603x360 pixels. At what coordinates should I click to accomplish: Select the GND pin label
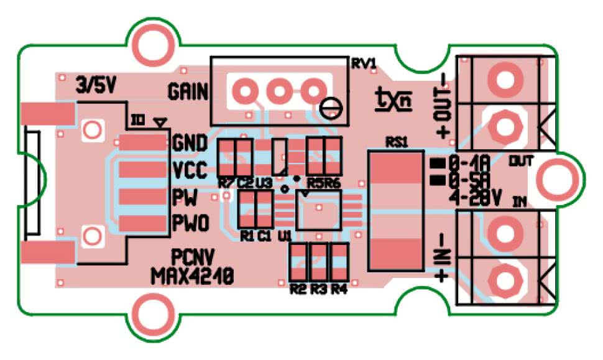pos(190,142)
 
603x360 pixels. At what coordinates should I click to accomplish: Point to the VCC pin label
pos(190,169)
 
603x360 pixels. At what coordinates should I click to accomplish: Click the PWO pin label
pos(190,221)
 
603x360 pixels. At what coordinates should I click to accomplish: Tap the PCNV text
pos(191,257)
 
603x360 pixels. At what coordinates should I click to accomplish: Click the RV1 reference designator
pos(364,64)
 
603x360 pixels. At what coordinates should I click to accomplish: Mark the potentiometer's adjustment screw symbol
pos(329,107)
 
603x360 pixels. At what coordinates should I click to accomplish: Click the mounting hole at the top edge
pos(152,44)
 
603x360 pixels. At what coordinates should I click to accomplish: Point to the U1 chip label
pos(285,236)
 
